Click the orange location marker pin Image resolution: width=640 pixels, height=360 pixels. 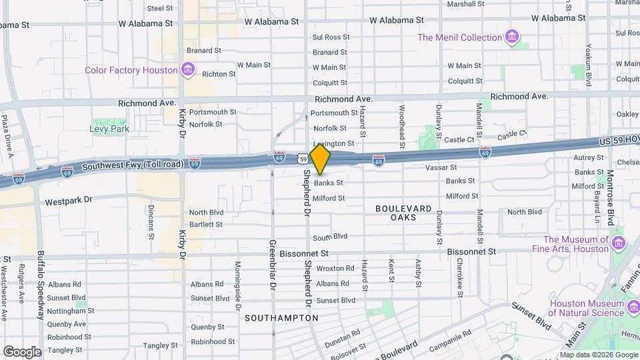click(320, 159)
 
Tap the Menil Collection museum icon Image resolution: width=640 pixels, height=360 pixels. click(512, 37)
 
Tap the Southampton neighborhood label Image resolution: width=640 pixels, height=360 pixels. click(281, 318)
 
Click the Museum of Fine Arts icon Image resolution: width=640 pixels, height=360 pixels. click(618, 244)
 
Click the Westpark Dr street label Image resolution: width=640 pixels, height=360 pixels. click(68, 200)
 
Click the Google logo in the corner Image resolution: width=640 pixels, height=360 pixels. click(22, 351)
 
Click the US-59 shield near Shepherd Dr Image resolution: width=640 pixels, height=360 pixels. click(303, 159)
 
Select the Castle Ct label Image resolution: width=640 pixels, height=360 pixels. click(459, 140)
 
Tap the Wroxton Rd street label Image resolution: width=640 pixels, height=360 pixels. click(335, 269)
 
